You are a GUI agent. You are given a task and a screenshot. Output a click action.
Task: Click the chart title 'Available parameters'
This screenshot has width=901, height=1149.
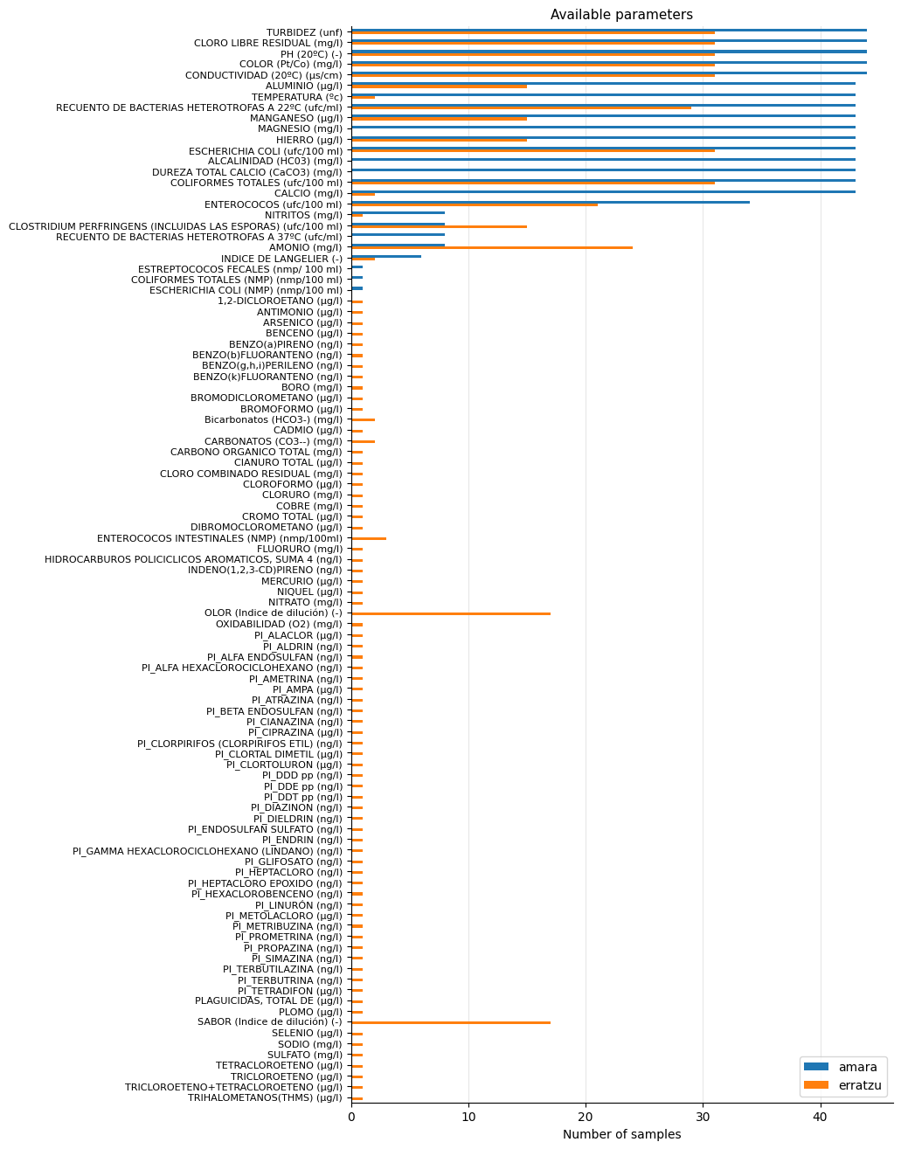point(621,15)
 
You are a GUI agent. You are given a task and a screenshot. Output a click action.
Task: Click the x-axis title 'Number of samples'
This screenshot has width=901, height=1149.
point(621,1134)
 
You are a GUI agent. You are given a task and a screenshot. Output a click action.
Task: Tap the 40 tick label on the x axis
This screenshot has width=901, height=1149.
point(820,1116)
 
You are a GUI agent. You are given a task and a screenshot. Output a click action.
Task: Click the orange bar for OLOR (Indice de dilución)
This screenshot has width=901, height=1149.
point(450,614)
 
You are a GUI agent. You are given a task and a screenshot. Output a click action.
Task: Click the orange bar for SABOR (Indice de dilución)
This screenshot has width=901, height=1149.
point(450,1023)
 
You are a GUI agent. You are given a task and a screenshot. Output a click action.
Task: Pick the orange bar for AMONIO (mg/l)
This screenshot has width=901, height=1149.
point(491,248)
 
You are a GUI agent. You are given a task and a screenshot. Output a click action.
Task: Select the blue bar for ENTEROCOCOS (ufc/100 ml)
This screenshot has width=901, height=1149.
point(551,202)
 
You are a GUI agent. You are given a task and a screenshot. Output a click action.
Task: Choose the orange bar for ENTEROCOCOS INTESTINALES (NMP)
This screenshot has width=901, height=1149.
point(369,539)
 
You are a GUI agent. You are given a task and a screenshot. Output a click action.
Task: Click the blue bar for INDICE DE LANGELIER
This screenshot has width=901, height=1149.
point(386,256)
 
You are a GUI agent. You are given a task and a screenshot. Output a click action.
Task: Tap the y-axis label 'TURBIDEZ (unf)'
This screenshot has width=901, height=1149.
point(304,32)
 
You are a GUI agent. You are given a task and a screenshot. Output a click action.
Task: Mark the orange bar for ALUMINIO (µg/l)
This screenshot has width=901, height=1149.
point(439,87)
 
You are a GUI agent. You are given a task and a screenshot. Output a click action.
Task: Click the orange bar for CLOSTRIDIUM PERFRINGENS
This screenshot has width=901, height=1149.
point(439,226)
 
